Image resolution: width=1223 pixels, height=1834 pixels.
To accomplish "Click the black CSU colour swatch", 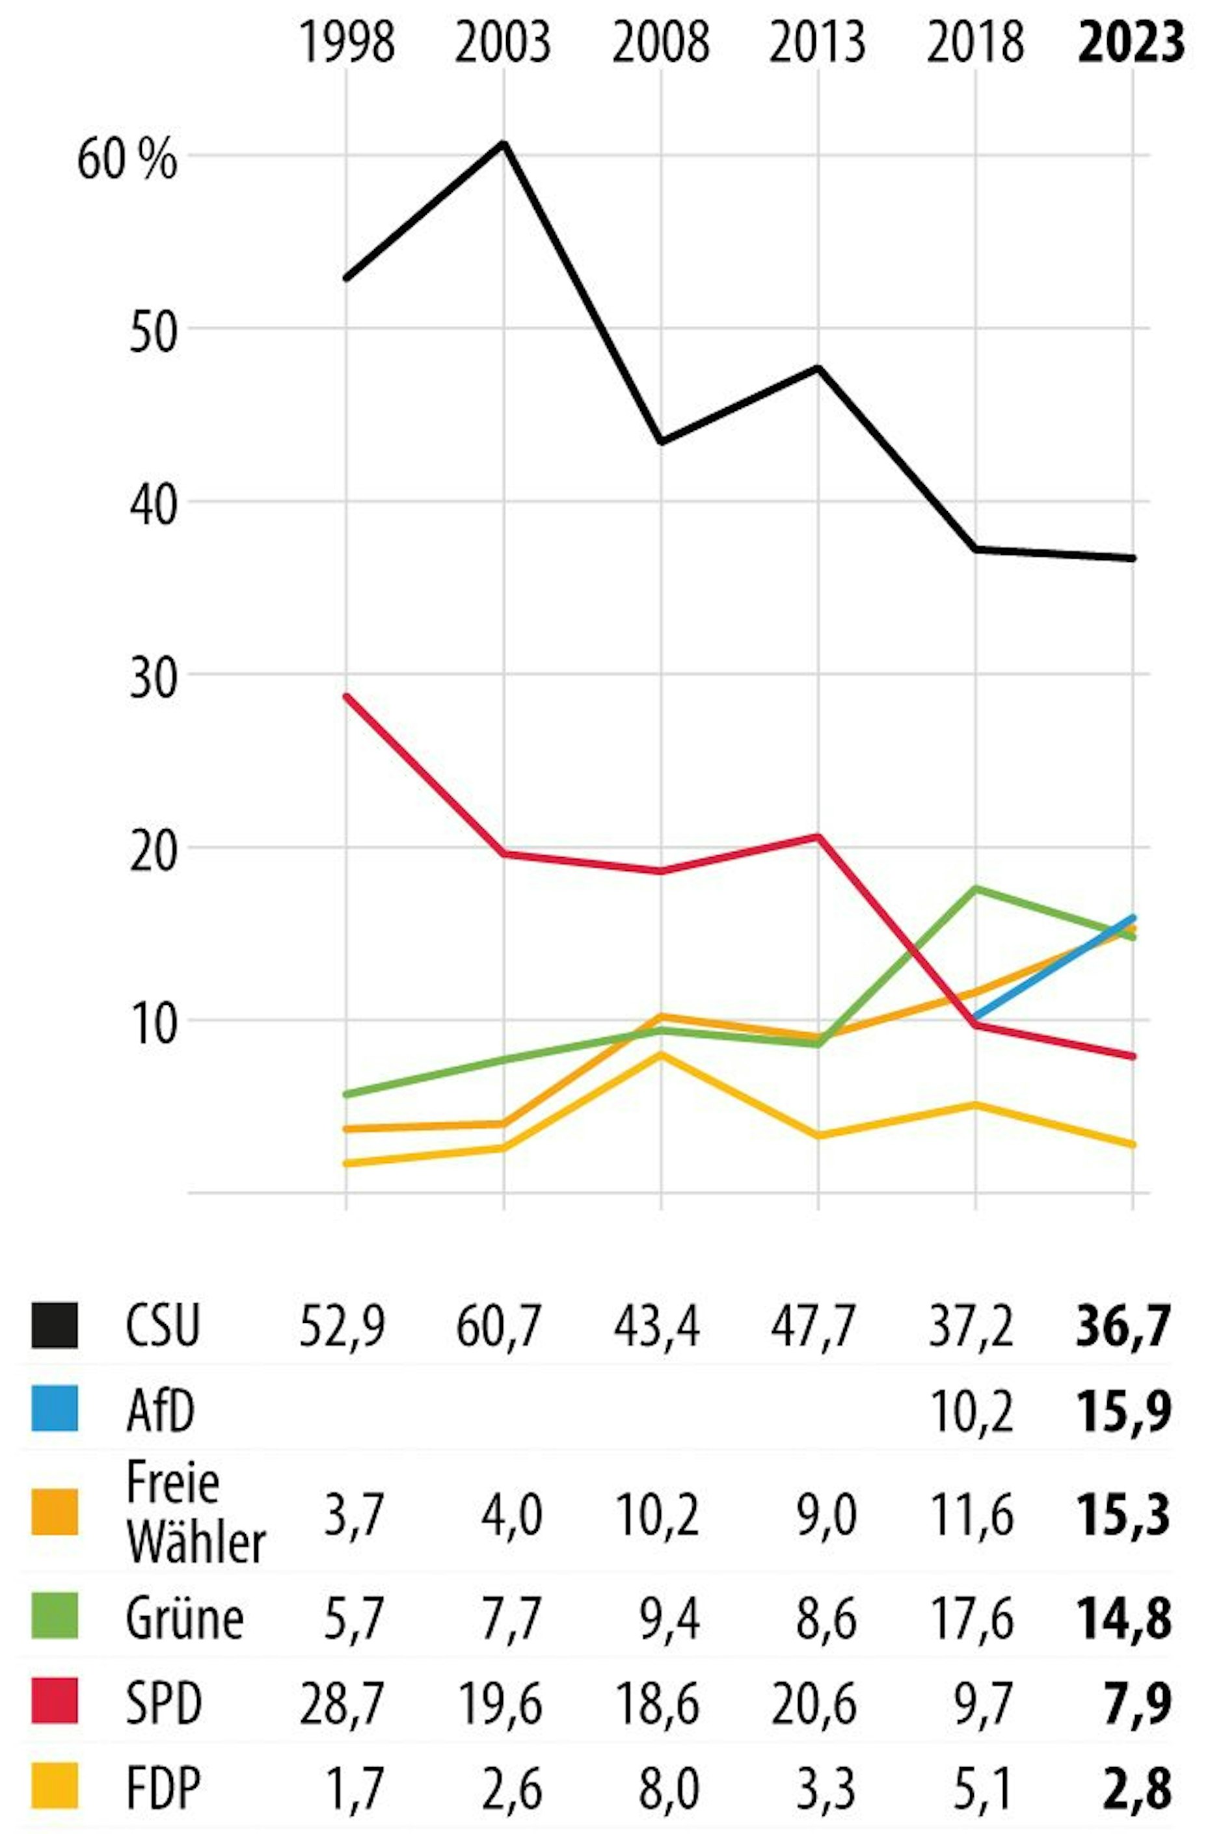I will pyautogui.click(x=55, y=1325).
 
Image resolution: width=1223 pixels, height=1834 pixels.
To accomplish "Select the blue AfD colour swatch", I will pyautogui.click(x=55, y=1408).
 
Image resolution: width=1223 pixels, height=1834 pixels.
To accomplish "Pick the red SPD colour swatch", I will pyautogui.click(x=55, y=1700).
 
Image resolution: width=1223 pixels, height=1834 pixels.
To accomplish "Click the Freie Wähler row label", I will pyautogui.click(x=195, y=1513).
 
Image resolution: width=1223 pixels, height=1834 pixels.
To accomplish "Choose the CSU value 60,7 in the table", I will pyautogui.click(x=498, y=1326).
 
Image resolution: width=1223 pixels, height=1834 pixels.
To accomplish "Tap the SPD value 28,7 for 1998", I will pyautogui.click(x=342, y=1701).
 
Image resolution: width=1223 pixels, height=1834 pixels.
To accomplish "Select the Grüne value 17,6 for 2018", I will pyautogui.click(x=971, y=1619).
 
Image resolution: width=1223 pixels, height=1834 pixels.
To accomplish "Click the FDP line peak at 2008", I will pyautogui.click(x=662, y=1054).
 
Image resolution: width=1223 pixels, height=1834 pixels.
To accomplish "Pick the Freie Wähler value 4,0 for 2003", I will pyautogui.click(x=511, y=1513).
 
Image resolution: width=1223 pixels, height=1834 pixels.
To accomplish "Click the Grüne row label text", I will pyautogui.click(x=184, y=1619).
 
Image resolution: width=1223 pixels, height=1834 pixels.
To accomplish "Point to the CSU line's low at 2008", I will pyautogui.click(x=662, y=442).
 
